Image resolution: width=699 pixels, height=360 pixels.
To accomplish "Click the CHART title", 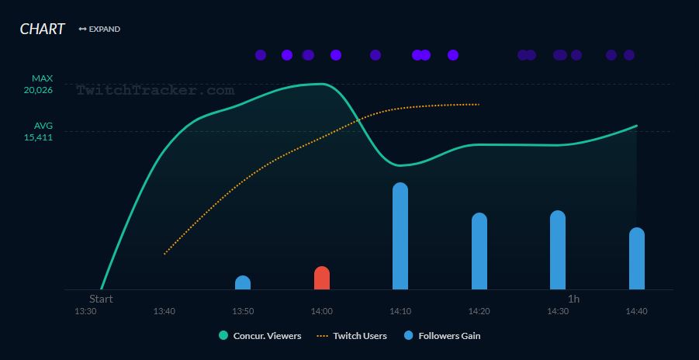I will click(43, 29).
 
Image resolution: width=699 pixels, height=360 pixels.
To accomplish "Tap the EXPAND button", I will click(99, 29).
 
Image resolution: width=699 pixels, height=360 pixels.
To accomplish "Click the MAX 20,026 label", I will click(38, 84).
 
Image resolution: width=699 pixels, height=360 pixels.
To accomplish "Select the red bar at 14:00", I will click(322, 279).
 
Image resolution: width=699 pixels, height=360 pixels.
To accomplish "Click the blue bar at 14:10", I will click(400, 237).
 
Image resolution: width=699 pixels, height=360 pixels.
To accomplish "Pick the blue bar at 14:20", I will click(479, 251).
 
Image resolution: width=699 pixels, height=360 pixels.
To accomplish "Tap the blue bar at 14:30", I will click(558, 250).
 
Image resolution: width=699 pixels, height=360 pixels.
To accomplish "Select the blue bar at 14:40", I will click(637, 258).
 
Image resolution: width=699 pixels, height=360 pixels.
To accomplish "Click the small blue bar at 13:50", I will click(243, 283).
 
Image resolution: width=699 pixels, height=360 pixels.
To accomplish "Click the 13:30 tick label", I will click(85, 311).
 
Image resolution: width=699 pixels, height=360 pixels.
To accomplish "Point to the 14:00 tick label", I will click(322, 311).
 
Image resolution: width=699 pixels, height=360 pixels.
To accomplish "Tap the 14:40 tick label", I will click(637, 311).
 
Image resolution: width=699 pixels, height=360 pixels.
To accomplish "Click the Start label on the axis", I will click(101, 299).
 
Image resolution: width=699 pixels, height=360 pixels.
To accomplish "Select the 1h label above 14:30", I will click(573, 299).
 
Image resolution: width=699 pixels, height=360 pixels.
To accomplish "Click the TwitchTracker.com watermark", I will click(155, 91).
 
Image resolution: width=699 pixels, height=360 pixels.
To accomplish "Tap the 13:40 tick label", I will click(164, 311).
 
